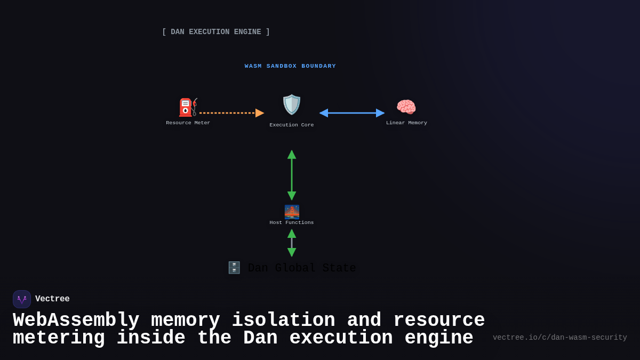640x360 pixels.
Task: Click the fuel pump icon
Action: point(188,107)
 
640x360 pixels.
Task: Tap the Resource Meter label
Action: point(188,123)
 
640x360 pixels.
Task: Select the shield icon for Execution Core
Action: point(292,105)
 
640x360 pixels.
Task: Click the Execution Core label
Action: point(292,125)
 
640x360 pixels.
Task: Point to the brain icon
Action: point(406,107)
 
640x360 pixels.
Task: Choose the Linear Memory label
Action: point(406,123)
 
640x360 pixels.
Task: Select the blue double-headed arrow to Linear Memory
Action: point(352,113)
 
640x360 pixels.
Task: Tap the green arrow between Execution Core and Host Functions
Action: point(292,175)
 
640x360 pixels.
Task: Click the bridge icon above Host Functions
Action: point(292,212)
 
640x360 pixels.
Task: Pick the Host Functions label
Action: point(292,222)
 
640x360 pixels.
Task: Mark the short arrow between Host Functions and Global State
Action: point(292,243)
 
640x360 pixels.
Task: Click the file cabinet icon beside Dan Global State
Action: point(234,268)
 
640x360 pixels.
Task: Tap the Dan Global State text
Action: point(302,268)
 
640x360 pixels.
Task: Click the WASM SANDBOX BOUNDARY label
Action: point(291,66)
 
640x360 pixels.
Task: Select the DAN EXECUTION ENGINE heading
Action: point(216,32)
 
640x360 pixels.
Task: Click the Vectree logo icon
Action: point(22,299)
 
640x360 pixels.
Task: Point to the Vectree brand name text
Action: point(52,299)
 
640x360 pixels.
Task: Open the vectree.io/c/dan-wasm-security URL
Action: point(559,338)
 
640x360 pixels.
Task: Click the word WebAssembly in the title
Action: point(76,321)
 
